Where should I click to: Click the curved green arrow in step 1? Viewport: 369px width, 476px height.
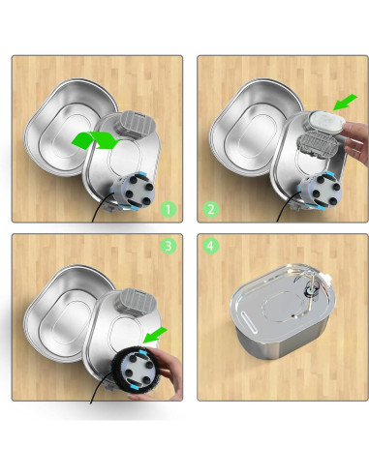click(94, 141)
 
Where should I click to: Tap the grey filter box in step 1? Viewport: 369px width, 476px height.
click(129, 127)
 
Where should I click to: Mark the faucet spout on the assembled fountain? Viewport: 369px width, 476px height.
click(309, 287)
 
